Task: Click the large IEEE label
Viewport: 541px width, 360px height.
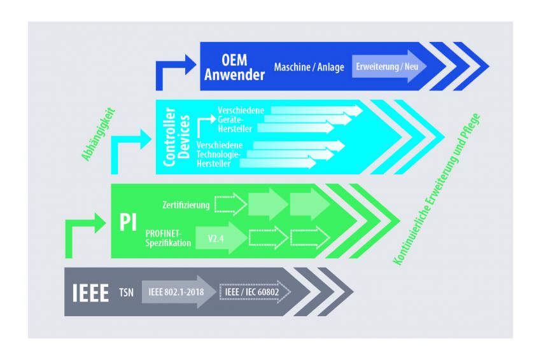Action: tap(90, 293)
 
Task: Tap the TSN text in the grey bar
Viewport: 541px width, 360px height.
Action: tap(126, 293)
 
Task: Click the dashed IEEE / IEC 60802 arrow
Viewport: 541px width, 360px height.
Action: tap(255, 292)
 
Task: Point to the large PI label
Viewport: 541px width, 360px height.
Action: tap(128, 222)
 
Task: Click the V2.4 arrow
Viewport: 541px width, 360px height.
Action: tap(221, 238)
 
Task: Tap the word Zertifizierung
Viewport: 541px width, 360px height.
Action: tap(186, 205)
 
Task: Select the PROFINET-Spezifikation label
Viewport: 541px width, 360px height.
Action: tap(168, 239)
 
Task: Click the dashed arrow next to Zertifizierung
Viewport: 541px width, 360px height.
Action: tap(231, 204)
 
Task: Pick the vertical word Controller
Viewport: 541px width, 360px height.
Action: tap(169, 137)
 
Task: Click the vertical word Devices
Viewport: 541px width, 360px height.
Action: tap(184, 137)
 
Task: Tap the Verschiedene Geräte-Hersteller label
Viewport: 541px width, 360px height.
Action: tap(241, 120)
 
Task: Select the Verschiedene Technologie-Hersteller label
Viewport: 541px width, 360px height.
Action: tap(220, 154)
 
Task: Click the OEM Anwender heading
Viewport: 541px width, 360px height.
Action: tap(234, 67)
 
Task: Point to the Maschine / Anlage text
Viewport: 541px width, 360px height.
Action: tap(309, 67)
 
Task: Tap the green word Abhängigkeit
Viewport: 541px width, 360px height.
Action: tap(98, 135)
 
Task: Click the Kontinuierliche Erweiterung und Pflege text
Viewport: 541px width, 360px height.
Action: tap(437, 190)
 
